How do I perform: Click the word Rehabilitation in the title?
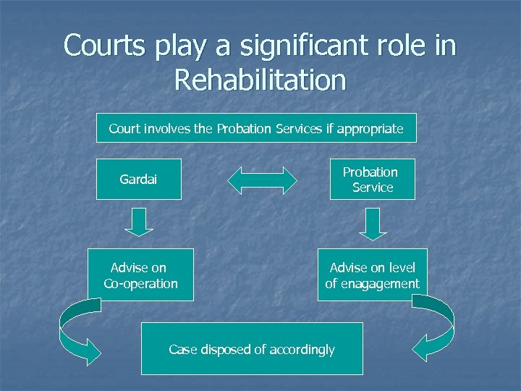click(x=260, y=79)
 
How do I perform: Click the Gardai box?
click(x=138, y=179)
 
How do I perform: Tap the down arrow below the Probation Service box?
click(x=373, y=223)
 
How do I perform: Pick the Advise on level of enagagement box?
click(x=373, y=275)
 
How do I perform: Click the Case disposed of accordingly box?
click(x=252, y=349)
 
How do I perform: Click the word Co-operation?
click(x=141, y=284)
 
